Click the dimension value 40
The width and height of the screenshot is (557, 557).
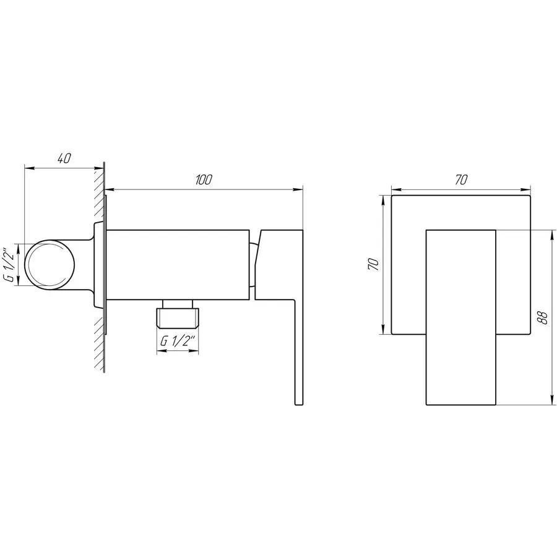point(63,158)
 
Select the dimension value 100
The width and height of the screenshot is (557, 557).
point(204,179)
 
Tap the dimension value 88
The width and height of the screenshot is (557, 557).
point(542,317)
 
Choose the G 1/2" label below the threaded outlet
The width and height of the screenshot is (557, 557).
point(178,341)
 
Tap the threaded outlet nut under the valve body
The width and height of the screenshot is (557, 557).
point(178,316)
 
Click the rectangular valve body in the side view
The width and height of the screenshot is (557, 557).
point(179,264)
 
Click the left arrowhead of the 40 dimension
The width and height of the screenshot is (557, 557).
point(27,166)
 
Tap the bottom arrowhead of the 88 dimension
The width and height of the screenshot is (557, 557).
point(551,403)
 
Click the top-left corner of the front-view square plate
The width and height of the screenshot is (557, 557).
point(392,196)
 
